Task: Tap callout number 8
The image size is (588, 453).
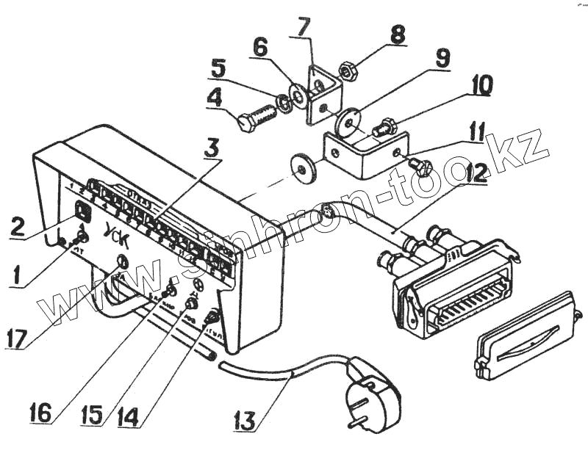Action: pos(397,35)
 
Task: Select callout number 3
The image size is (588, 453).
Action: pos(212,147)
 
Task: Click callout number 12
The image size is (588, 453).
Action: pos(476,175)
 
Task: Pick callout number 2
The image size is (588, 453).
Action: pos(20,225)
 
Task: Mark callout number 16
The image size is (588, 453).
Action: pos(41,412)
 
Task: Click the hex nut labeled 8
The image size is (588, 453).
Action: pos(348,71)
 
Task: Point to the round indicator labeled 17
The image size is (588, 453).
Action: pos(122,262)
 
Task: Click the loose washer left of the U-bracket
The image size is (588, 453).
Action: pos(302,168)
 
